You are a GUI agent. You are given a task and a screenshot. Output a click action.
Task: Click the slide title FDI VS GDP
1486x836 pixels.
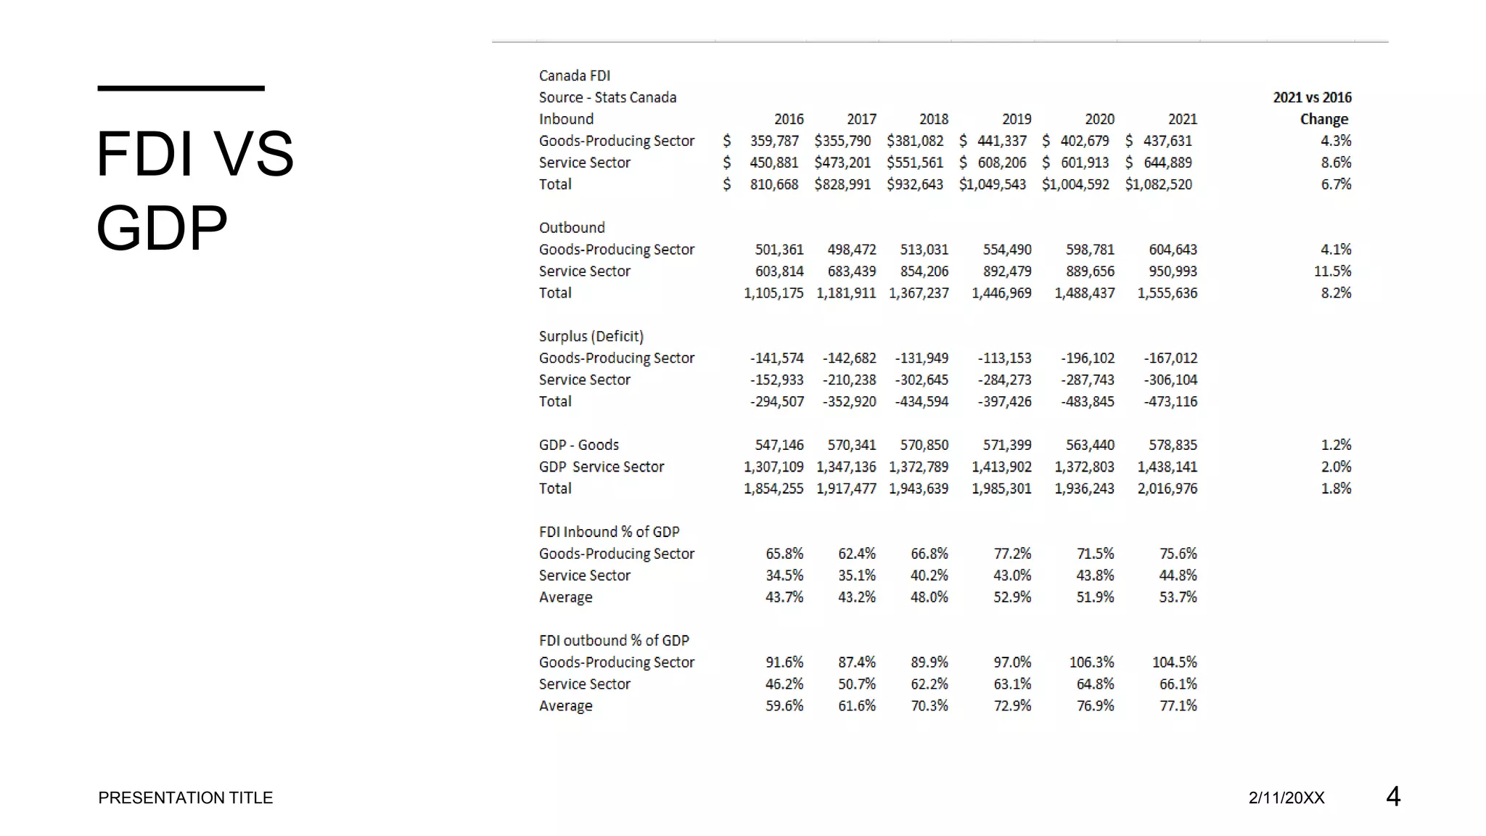pyautogui.click(x=194, y=190)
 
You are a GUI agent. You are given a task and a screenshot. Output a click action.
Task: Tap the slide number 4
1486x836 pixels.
pyautogui.click(x=1392, y=796)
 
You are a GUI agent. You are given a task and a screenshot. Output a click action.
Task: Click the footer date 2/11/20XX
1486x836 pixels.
pyautogui.click(x=1286, y=798)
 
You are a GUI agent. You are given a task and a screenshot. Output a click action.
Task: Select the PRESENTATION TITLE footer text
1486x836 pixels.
pyautogui.click(x=185, y=798)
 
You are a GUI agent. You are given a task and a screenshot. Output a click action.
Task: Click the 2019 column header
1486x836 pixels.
pyautogui.click(x=1016, y=119)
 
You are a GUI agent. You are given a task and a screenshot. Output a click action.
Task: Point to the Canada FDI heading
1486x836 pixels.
pyautogui.click(x=574, y=75)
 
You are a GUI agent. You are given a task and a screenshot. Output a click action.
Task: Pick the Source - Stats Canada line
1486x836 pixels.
pyautogui.click(x=607, y=97)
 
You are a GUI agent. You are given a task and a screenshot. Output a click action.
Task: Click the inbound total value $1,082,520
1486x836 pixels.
pyautogui.click(x=1158, y=184)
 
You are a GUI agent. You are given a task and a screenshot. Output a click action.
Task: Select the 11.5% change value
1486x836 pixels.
pyautogui.click(x=1332, y=271)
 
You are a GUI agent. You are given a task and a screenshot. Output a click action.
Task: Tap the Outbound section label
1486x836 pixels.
pyautogui.click(x=571, y=227)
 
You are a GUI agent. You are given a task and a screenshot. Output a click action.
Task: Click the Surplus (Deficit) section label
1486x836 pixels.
pyautogui.click(x=591, y=336)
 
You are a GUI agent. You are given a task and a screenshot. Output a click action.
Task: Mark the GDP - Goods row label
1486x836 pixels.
pyautogui.click(x=578, y=445)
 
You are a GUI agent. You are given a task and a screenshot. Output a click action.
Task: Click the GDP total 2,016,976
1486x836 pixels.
pyautogui.click(x=1167, y=488)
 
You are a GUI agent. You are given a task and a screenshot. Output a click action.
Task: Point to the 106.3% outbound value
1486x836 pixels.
pyautogui.click(x=1091, y=662)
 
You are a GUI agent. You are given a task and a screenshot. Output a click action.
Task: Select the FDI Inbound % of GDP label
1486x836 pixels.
pyautogui.click(x=609, y=532)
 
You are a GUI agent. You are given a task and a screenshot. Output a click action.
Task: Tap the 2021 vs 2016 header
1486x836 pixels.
pyautogui.click(x=1312, y=97)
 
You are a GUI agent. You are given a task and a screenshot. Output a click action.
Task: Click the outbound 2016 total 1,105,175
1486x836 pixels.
pyautogui.click(x=773, y=292)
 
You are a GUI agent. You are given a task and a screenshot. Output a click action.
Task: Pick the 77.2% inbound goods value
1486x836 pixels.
pyautogui.click(x=1012, y=554)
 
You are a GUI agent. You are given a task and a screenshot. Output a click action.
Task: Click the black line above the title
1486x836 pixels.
pyautogui.click(x=181, y=89)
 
